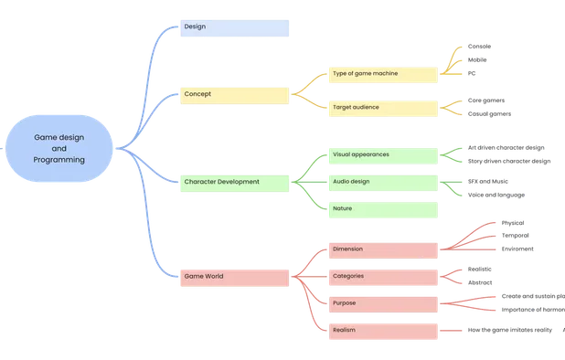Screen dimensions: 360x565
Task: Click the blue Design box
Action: point(234,27)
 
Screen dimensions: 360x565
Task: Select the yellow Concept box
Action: point(234,94)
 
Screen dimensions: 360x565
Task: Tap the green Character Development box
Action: point(234,182)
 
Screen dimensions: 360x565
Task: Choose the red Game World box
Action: point(234,276)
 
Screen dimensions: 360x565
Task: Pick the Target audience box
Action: point(383,108)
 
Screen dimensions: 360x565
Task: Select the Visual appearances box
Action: point(383,155)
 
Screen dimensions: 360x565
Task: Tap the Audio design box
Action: point(383,183)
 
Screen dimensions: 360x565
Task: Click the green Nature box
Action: point(383,209)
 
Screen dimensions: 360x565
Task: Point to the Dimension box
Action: point(383,249)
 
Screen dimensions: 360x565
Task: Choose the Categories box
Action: point(383,275)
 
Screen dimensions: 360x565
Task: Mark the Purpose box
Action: point(383,302)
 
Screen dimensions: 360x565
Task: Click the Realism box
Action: point(383,330)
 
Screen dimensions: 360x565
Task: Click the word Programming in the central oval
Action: point(59,159)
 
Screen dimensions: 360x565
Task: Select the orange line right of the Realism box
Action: point(452,330)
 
